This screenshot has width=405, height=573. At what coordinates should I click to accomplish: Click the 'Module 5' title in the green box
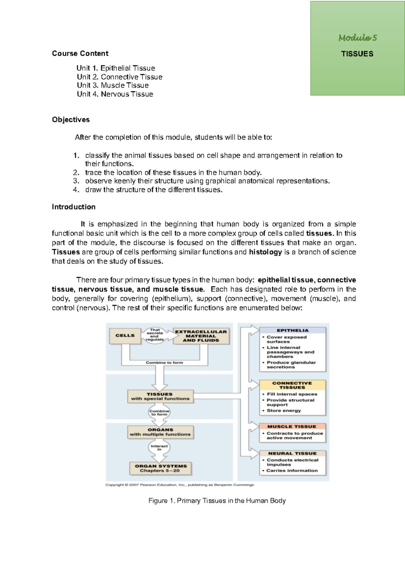[357, 38]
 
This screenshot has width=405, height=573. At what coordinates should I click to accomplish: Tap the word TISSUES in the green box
[357, 54]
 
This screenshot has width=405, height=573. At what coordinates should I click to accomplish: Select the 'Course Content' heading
[80, 53]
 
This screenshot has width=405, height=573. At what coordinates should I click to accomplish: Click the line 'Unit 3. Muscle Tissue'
[113, 85]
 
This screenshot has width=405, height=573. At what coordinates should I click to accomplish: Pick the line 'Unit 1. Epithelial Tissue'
[116, 68]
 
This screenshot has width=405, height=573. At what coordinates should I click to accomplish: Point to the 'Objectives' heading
[71, 119]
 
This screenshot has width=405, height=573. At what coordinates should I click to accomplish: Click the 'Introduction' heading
[74, 207]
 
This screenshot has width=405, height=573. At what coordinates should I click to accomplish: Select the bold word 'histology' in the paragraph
[265, 252]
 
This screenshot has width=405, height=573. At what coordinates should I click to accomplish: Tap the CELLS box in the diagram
[125, 336]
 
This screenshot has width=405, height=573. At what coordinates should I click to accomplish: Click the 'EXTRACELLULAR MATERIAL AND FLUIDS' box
[201, 336]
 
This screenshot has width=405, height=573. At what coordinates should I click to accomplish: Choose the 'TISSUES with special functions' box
[160, 397]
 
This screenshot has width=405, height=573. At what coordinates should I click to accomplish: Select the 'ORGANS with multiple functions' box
[160, 432]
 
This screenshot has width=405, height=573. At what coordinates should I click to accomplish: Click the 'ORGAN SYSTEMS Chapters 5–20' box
[161, 468]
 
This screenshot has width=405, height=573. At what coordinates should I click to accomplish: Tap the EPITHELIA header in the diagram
[293, 330]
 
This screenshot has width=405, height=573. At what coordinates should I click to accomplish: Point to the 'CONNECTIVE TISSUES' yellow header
[292, 385]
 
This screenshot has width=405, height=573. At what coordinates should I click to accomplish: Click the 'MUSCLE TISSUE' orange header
[292, 427]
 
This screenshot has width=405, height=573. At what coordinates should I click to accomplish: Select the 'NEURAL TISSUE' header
[292, 454]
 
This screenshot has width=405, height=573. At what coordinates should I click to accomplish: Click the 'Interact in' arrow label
[159, 448]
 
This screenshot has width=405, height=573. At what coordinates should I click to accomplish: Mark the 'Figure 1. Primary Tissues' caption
[217, 501]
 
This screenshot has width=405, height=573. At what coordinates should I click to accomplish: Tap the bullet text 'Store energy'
[283, 411]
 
